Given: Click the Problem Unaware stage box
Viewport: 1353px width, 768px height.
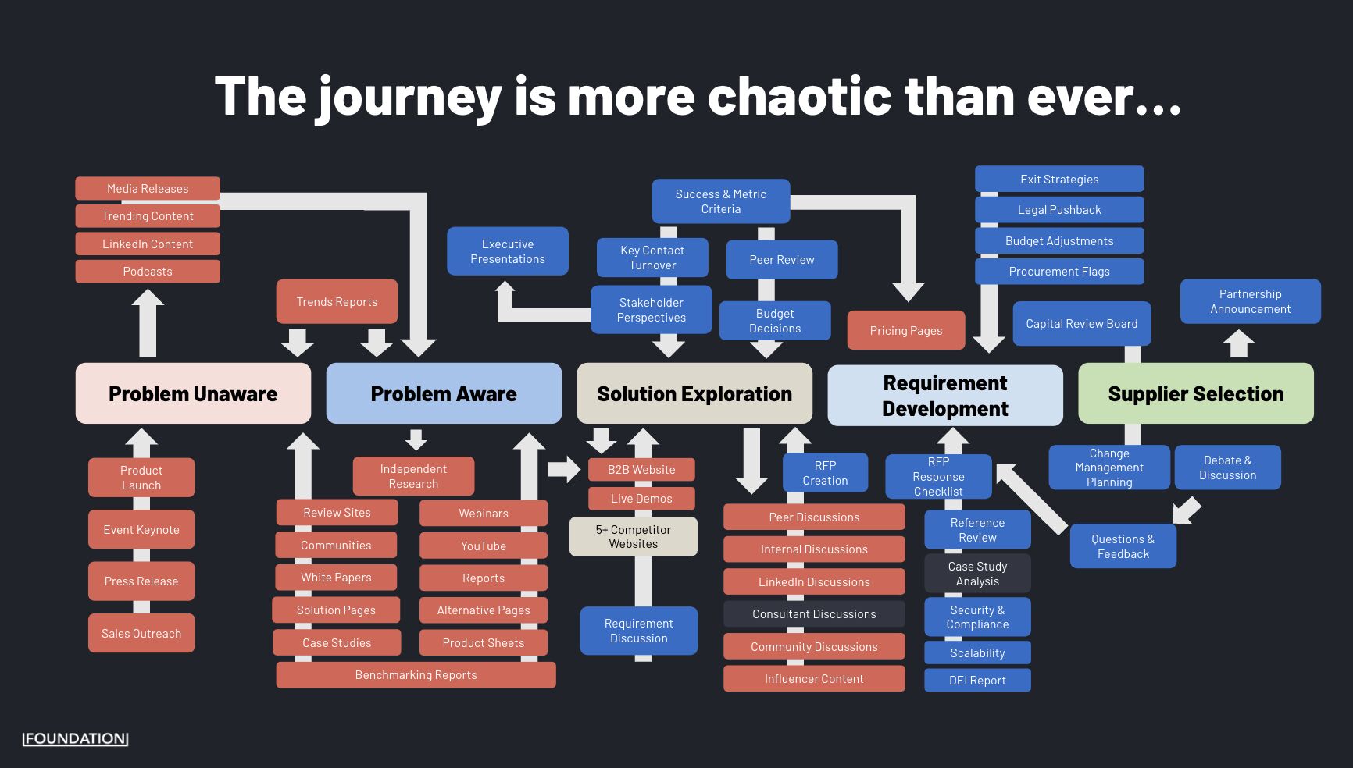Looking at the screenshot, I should click(x=193, y=393).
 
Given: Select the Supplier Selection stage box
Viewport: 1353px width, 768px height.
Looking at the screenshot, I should click(x=1195, y=393).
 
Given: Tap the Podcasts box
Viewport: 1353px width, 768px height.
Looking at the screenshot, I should click(x=148, y=272).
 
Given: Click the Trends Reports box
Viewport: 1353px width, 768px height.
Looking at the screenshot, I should click(x=337, y=301).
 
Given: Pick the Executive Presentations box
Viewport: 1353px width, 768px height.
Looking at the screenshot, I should click(x=508, y=251).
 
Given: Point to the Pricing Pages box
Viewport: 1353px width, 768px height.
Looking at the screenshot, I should click(x=906, y=330).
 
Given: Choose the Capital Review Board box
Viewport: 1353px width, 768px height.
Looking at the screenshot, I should click(x=1081, y=323).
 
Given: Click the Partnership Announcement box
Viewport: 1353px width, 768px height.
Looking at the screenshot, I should click(x=1250, y=301).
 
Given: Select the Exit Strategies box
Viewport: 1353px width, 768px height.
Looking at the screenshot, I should click(x=1059, y=179).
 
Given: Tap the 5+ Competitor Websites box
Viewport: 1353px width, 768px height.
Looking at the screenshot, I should click(x=633, y=536).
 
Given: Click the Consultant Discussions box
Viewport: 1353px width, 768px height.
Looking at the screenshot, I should click(x=814, y=613).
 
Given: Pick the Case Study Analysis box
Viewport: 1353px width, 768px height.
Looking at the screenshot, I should click(x=977, y=574).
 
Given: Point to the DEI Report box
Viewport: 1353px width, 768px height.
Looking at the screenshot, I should click(x=977, y=680).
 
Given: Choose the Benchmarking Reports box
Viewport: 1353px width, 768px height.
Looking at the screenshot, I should click(x=416, y=674).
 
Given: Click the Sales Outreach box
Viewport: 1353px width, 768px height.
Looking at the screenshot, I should click(x=141, y=633).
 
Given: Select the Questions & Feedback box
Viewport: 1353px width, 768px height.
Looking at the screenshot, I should click(x=1123, y=546).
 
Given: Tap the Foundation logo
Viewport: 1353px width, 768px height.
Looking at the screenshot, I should click(x=75, y=738).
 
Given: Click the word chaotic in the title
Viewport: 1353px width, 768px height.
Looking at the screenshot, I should click(x=800, y=97).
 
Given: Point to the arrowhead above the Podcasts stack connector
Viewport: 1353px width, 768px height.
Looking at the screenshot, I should click(x=148, y=299).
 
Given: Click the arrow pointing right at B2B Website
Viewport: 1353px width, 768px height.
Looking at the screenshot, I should click(x=563, y=469).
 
